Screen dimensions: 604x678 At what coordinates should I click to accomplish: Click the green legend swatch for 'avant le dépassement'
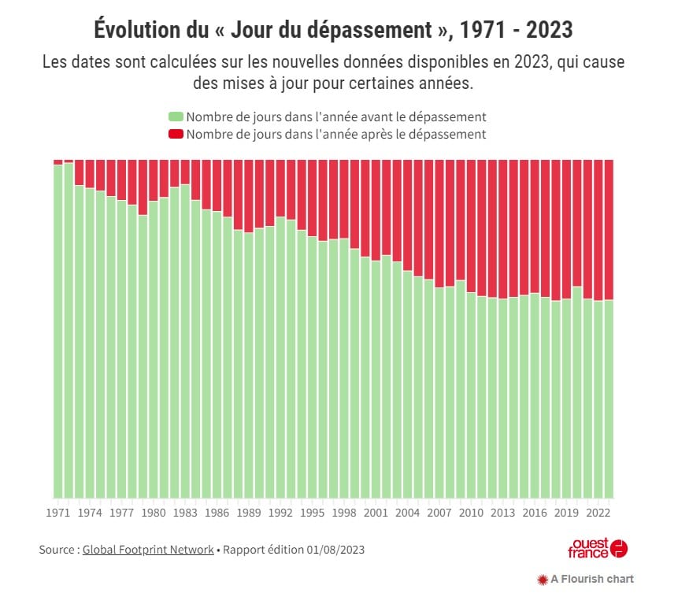[x=175, y=117]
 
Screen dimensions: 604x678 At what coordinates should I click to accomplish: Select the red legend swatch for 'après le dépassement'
[x=175, y=135]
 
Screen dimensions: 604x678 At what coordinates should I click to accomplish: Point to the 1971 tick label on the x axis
[x=57, y=512]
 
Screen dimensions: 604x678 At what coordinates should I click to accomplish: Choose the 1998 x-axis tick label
[x=345, y=512]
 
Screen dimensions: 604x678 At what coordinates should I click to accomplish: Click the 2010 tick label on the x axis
[x=471, y=512]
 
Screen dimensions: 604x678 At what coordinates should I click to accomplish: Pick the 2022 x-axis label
[x=598, y=512]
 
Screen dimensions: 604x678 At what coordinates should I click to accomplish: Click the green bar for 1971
[x=57, y=331]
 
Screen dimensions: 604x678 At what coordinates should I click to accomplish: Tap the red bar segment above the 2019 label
[x=566, y=228]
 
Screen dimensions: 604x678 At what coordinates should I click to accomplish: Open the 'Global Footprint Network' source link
[x=148, y=550]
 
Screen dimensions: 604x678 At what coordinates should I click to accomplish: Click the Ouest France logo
[x=598, y=548]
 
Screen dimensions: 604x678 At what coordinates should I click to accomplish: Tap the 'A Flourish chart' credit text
[x=592, y=580]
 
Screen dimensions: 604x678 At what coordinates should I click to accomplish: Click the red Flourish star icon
[x=541, y=580]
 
